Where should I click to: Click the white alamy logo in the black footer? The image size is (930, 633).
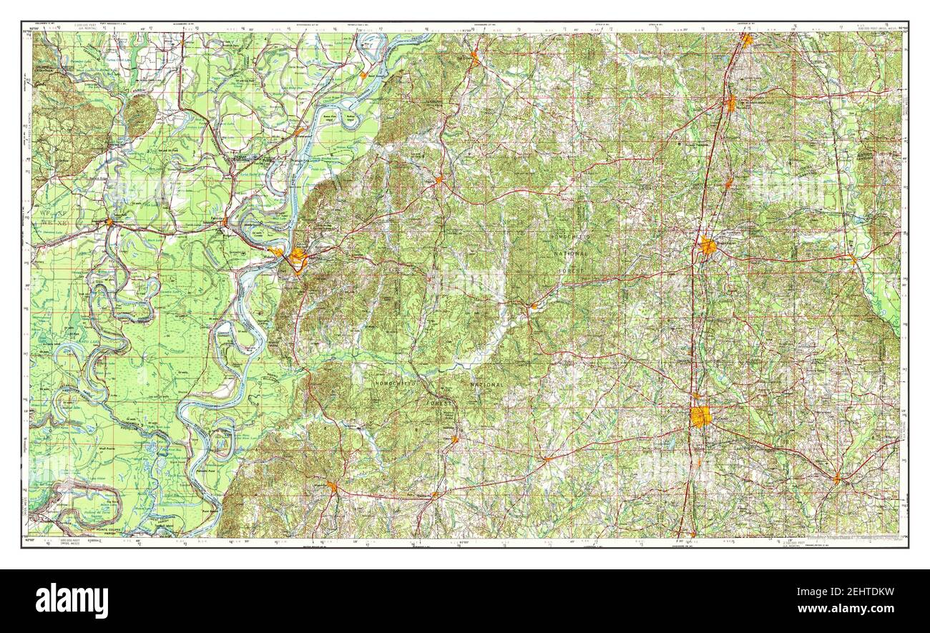pos(72,600)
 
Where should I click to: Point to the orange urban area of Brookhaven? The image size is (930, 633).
pos(708,246)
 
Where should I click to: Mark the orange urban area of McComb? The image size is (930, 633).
pos(700,416)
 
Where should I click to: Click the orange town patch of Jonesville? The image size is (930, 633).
pos(109,222)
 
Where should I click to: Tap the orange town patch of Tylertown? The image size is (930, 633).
pos(836,478)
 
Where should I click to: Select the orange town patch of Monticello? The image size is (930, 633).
pos(851,257)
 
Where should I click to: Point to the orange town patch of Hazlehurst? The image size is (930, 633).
pos(730,104)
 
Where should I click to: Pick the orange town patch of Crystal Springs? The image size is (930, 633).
pos(745,40)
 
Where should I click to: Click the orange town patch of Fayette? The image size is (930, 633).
pos(439,179)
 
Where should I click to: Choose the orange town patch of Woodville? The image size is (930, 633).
pos(332,486)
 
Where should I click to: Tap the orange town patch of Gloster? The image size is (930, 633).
pos(454,438)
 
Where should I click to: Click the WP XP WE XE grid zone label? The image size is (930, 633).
pos(47,219)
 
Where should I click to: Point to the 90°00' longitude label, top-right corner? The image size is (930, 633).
pos(899,28)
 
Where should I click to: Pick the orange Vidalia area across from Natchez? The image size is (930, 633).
pos(276,251)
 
